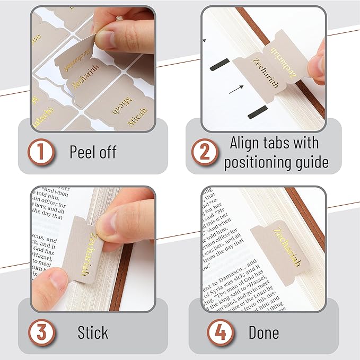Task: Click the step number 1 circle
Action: pos(41,152)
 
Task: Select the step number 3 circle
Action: pos(41,333)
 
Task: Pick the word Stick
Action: pos(93,333)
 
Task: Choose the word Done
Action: pos(264,333)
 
